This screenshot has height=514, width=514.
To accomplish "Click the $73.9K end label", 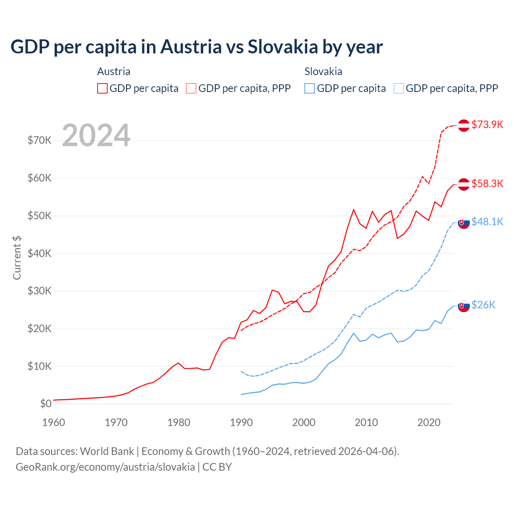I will pos(487,124).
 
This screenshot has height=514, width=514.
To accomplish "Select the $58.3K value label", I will pos(487,184).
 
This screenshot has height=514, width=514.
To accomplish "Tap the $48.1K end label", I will pos(487,222).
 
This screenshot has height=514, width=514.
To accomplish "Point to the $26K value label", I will pos(483,305).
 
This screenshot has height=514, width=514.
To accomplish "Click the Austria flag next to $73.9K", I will pos(464,125).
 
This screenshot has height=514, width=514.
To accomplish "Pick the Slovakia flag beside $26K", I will pos(464,306).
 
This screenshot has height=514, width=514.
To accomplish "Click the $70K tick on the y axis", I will pos(39,140).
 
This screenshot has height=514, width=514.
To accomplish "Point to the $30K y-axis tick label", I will pos(39,291).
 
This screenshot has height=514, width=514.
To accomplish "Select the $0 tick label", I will pos(45,404).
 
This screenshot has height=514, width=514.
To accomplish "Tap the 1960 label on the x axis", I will pos(53,422).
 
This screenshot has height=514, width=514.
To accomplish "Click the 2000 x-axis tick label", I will pos(304,422).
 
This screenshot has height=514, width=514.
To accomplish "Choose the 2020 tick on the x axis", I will pos(429,422).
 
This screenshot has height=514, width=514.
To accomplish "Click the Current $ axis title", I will pos(17,258).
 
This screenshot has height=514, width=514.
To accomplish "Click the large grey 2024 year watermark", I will pos(96,135).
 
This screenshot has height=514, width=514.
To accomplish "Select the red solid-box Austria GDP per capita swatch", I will pos(102,88).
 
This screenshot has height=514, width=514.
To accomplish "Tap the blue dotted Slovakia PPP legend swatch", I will pos(399,88).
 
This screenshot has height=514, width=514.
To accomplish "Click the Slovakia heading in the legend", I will pos(323,71).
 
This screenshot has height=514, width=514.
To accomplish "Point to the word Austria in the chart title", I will pos(191,47).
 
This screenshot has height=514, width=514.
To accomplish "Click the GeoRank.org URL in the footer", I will pos(105,467).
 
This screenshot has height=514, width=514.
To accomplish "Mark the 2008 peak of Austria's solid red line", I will pos(353,209).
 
